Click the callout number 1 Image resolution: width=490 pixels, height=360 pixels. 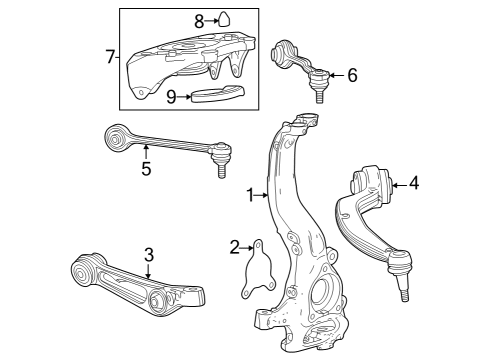(x=250, y=195)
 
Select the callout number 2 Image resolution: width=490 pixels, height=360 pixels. (x=235, y=247)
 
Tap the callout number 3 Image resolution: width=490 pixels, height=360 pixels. (x=147, y=255)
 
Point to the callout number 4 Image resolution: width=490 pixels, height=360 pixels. (x=413, y=183)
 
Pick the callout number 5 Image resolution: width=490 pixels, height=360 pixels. (x=146, y=168)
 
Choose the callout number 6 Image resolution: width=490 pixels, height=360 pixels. (x=351, y=75)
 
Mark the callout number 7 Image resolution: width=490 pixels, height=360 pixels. (x=111, y=56)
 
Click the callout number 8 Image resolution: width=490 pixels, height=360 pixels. (x=199, y=19)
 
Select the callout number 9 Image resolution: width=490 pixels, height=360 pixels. (x=171, y=97)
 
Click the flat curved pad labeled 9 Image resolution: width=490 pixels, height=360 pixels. (x=219, y=95)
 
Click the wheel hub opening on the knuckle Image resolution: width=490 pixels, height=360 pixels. (x=323, y=297)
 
